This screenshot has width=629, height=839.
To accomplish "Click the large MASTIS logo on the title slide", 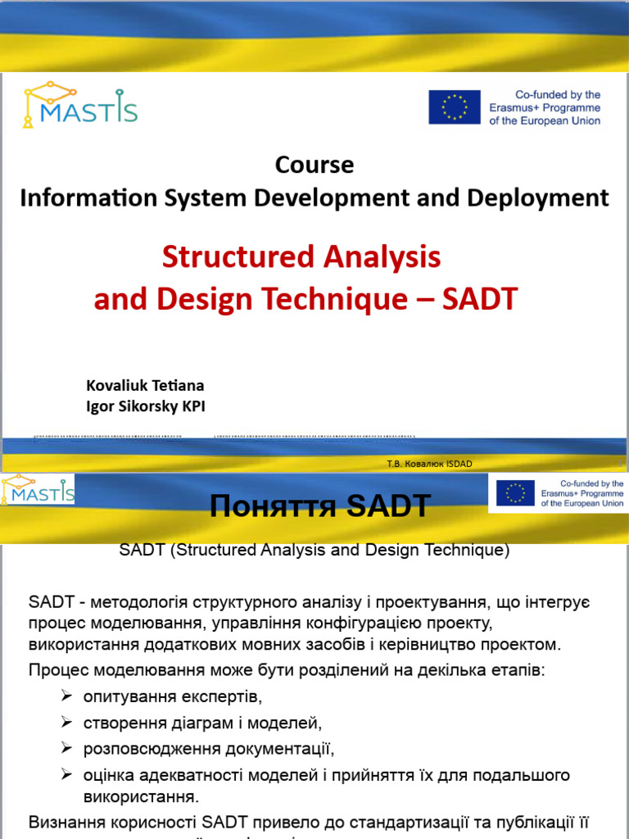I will pos(79,106).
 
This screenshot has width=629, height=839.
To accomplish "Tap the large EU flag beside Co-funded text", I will pos(455,107).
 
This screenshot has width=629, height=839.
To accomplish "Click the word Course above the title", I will pos(314,165).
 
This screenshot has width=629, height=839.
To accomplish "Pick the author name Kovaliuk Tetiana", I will pos(145,385).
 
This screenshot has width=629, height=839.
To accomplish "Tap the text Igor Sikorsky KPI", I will pos(152,406).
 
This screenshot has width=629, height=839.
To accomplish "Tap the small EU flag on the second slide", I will pos(515,493).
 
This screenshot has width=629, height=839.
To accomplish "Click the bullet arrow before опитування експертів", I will pos(67,697).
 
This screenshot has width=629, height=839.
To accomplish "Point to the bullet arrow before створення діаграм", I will pos(67,723).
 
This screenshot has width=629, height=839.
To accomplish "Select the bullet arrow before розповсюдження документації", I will pos(67,749).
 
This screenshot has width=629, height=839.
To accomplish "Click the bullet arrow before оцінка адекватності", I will pos(67,775).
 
